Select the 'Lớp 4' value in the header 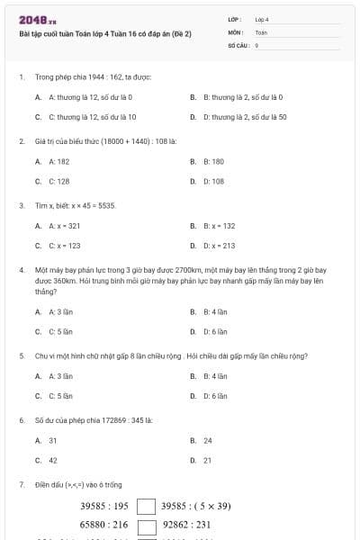click(262, 18)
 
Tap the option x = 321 click(65, 226)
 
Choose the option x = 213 click(220, 245)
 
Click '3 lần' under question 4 click(60, 311)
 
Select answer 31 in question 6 click(53, 440)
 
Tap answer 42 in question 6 click(53, 460)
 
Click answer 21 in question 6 click(208, 460)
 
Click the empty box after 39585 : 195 click(146, 506)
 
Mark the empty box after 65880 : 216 click(146, 525)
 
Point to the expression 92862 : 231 click(187, 525)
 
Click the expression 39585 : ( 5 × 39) click(196, 506)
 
